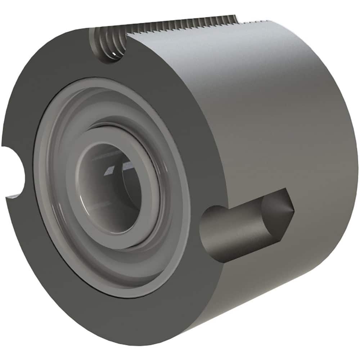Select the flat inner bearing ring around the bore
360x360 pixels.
pyautogui.click(x=86, y=202)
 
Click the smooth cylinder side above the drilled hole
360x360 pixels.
pyautogui.click(x=270, y=126)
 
